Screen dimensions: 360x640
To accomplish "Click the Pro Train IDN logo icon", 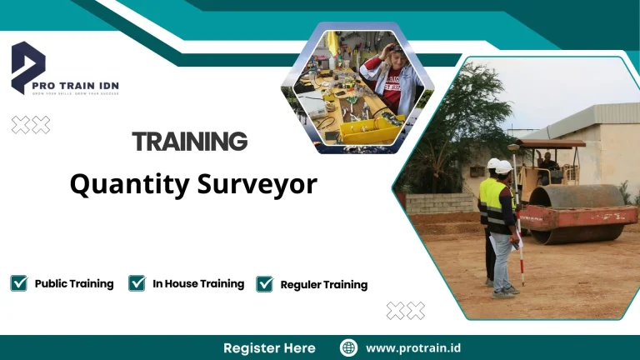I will tap(27, 65).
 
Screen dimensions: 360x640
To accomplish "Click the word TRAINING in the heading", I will tap(189, 142).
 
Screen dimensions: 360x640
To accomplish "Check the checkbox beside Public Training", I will tap(18, 283).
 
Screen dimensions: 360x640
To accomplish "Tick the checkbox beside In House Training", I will tap(137, 283).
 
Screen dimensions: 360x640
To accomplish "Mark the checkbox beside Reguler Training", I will tap(264, 284).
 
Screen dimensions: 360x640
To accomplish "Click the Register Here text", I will tap(269, 347).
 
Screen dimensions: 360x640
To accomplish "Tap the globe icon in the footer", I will tap(349, 347).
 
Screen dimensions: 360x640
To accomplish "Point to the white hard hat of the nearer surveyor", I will tap(503, 167).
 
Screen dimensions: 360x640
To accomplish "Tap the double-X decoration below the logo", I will tap(31, 125).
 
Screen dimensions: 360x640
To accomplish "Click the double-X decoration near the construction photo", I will tap(406, 311).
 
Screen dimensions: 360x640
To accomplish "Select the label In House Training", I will tap(198, 283).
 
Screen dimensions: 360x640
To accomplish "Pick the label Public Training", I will tap(74, 283).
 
